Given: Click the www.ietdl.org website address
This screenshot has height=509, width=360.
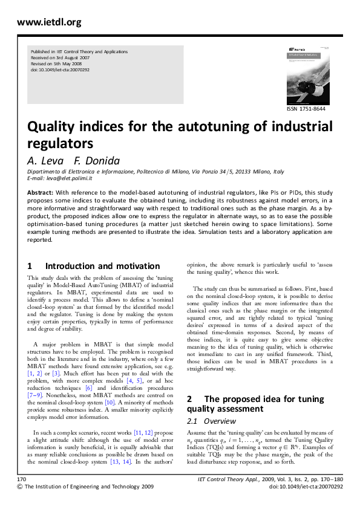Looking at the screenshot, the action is point(49,22).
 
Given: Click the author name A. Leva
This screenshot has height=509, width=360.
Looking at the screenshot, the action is point(44,161).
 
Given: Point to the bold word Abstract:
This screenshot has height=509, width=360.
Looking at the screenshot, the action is point(40,192).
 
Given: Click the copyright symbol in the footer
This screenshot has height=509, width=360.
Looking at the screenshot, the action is point(21,503).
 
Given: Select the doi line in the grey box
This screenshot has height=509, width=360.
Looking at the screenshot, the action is point(60,70).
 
